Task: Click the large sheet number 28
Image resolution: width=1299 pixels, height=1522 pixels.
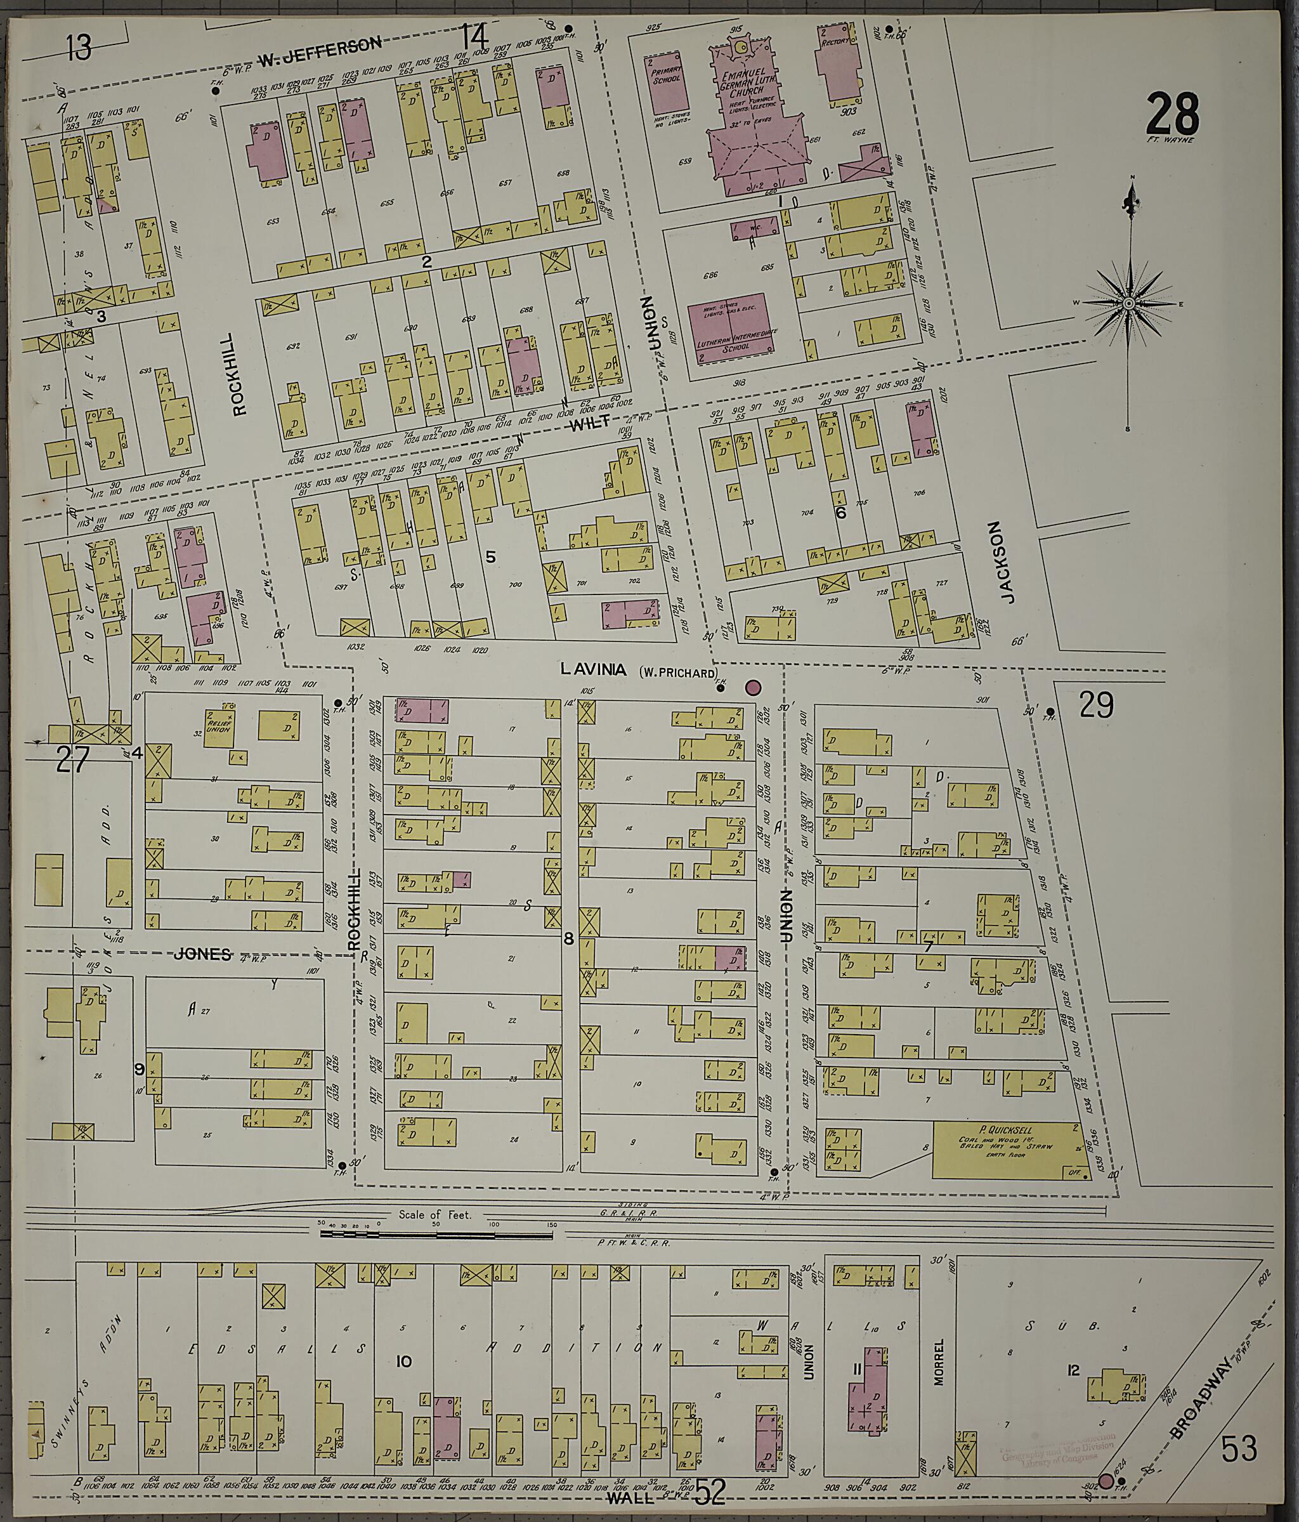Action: (1173, 113)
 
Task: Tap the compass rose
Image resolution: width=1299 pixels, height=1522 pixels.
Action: (1128, 303)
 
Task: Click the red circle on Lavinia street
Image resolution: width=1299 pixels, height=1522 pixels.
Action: (753, 688)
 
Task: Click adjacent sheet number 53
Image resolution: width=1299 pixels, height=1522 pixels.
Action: (1239, 1448)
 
